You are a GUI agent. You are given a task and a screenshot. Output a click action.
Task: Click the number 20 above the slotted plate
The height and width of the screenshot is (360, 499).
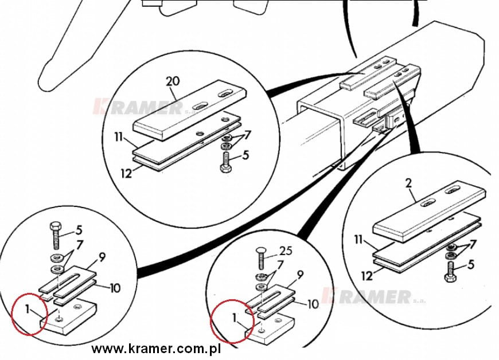tap(173, 81)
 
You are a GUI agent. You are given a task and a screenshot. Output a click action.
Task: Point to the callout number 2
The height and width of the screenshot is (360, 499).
tap(408, 183)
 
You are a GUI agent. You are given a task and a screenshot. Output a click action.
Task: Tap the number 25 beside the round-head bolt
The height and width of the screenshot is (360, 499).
tap(285, 251)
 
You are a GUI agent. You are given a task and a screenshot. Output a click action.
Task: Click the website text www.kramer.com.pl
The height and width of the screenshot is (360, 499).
tap(156, 349)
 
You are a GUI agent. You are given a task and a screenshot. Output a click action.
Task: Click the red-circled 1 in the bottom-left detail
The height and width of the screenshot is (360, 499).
tap(28, 309)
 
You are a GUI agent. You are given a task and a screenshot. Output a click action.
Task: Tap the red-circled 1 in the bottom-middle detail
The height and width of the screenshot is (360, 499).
tap(235, 318)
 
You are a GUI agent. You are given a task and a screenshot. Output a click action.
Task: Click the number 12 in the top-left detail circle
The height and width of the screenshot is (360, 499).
tap(126, 174)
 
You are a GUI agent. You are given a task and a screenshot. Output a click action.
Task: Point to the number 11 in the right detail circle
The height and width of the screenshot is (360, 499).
tap(358, 239)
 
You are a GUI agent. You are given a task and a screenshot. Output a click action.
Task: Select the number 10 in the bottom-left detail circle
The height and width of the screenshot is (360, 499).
tap(115, 288)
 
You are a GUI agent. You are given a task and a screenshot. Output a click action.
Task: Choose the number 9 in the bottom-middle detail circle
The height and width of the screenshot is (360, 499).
tap(299, 274)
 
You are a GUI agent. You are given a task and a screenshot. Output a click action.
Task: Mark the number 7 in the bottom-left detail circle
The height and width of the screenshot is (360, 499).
tap(79, 245)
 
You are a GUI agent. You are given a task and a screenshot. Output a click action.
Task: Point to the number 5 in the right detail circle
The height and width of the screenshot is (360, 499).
tap(471, 264)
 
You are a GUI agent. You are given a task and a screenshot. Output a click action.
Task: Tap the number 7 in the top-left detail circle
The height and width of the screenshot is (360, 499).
tap(247, 135)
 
